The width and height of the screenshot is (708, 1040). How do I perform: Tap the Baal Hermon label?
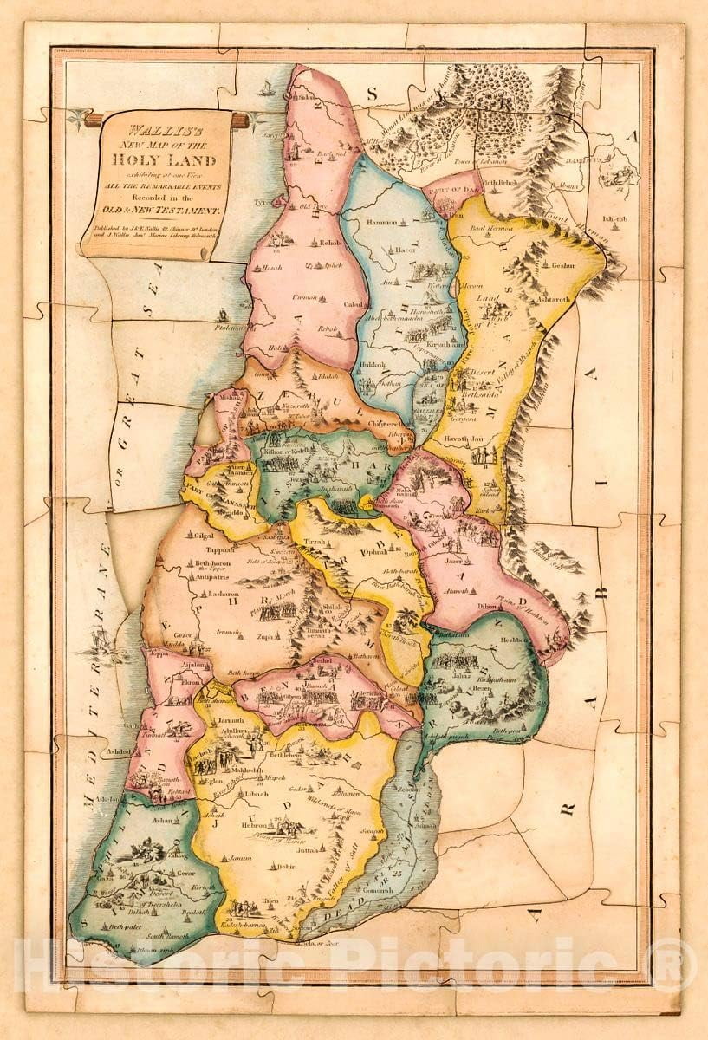491,227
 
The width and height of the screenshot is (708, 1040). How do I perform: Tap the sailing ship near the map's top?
267,88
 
